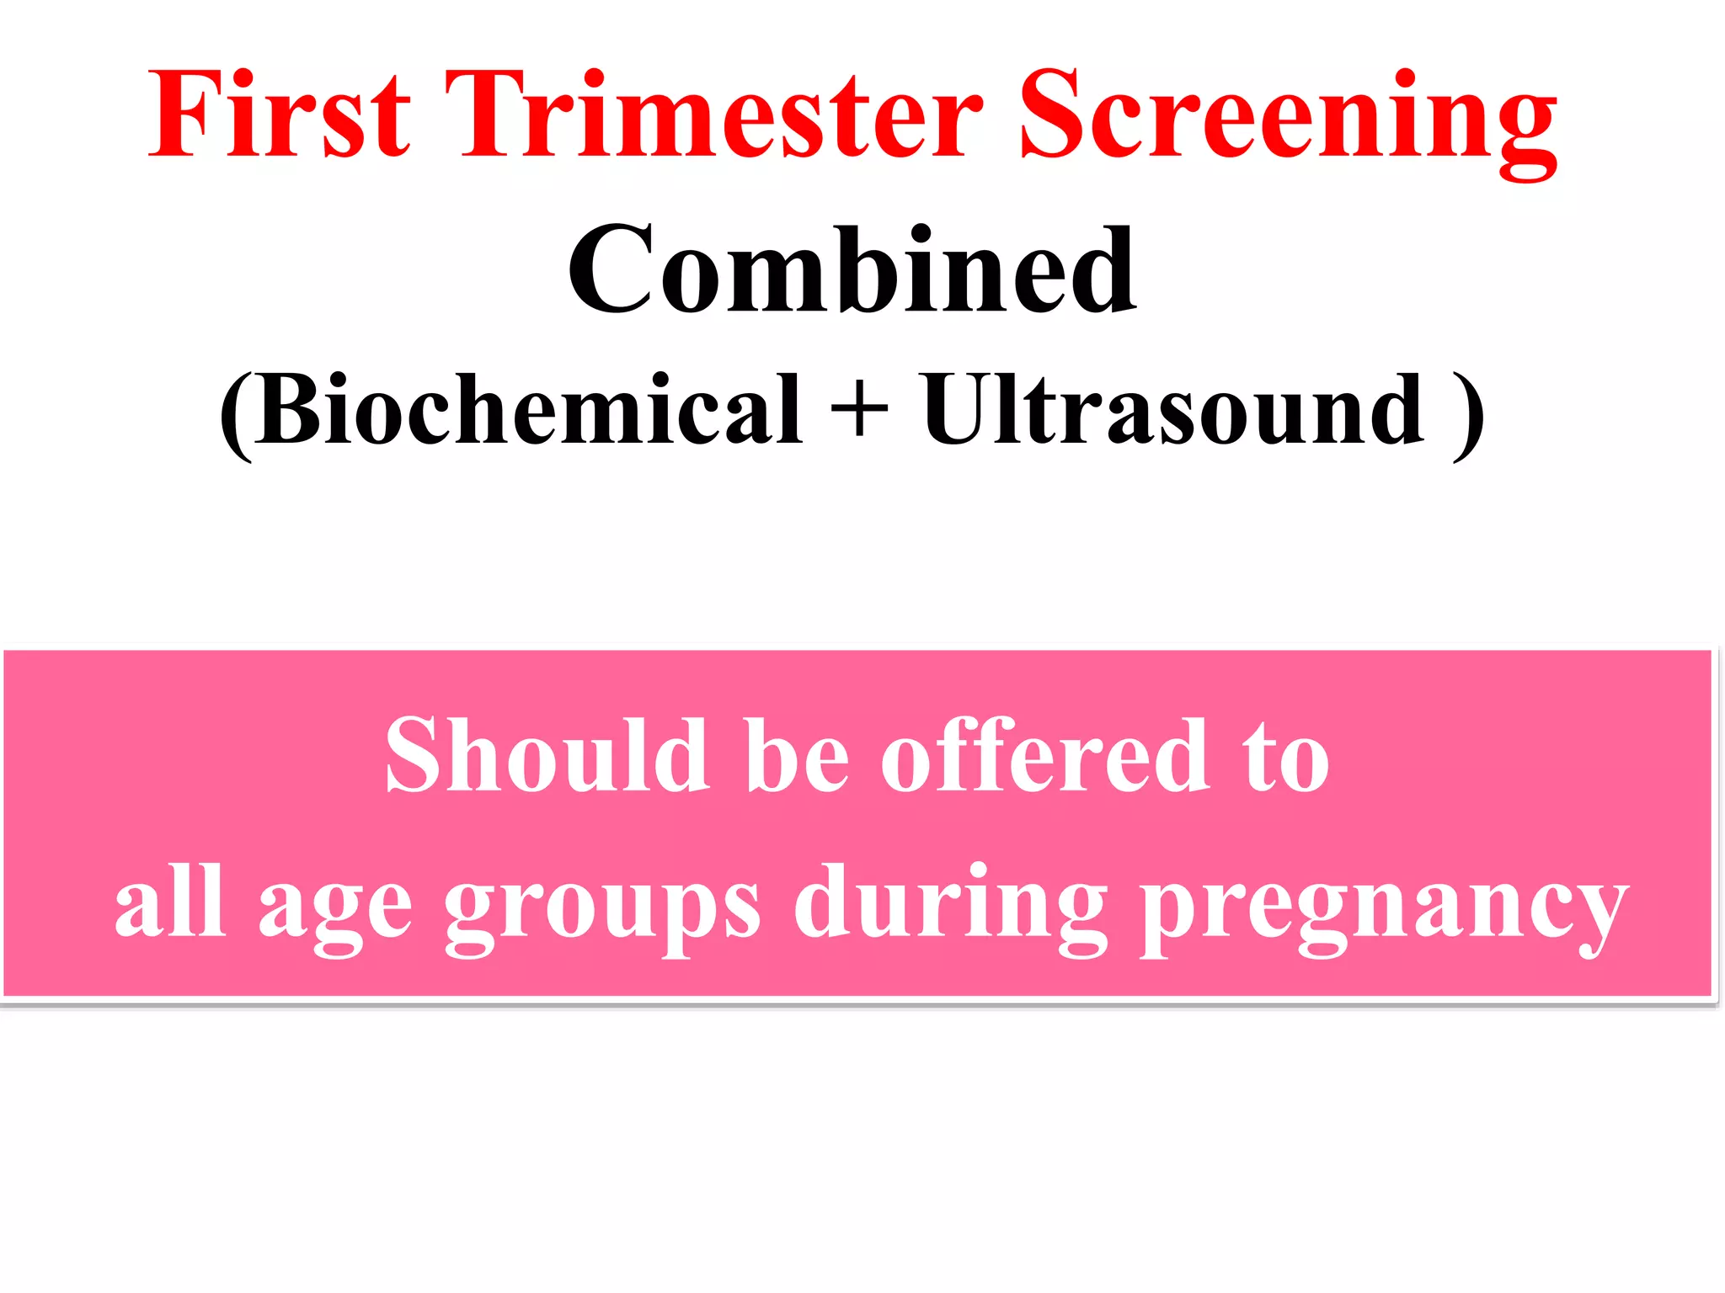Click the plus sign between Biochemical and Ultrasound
pos(859,410)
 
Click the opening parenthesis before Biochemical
pos(237,414)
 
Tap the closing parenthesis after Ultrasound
pos(1466,414)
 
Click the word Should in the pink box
pos(546,755)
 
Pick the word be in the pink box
pos(797,755)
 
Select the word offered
pos(1045,755)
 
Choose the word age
pos(335,909)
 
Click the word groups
pos(602,909)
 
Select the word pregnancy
pos(1385,909)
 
